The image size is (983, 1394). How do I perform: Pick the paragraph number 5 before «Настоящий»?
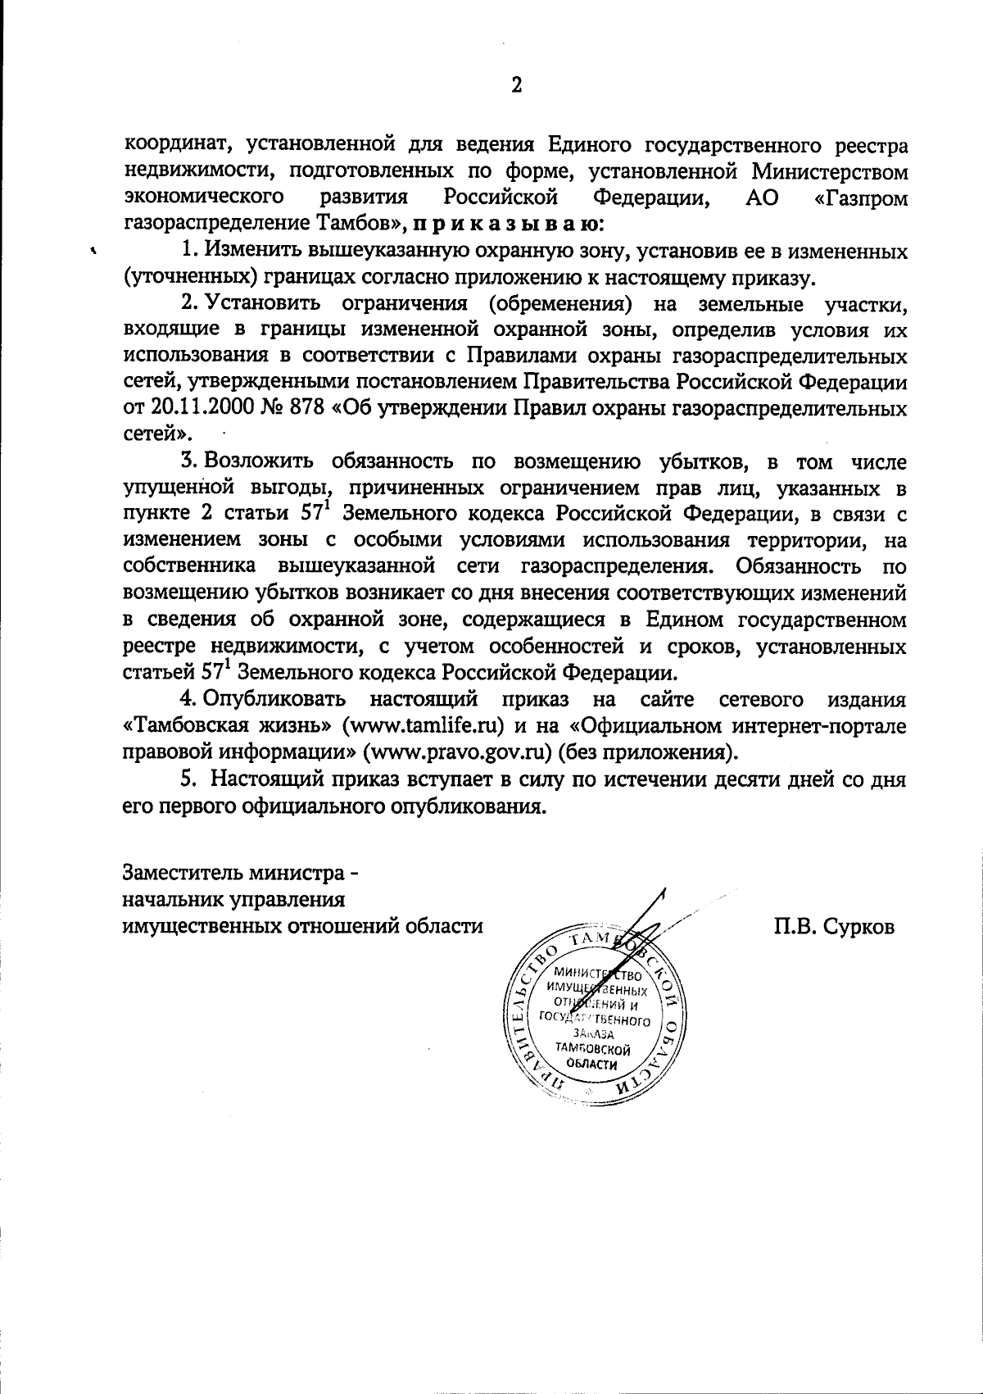coord(187,779)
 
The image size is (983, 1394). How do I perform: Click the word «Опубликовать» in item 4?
coord(274,701)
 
